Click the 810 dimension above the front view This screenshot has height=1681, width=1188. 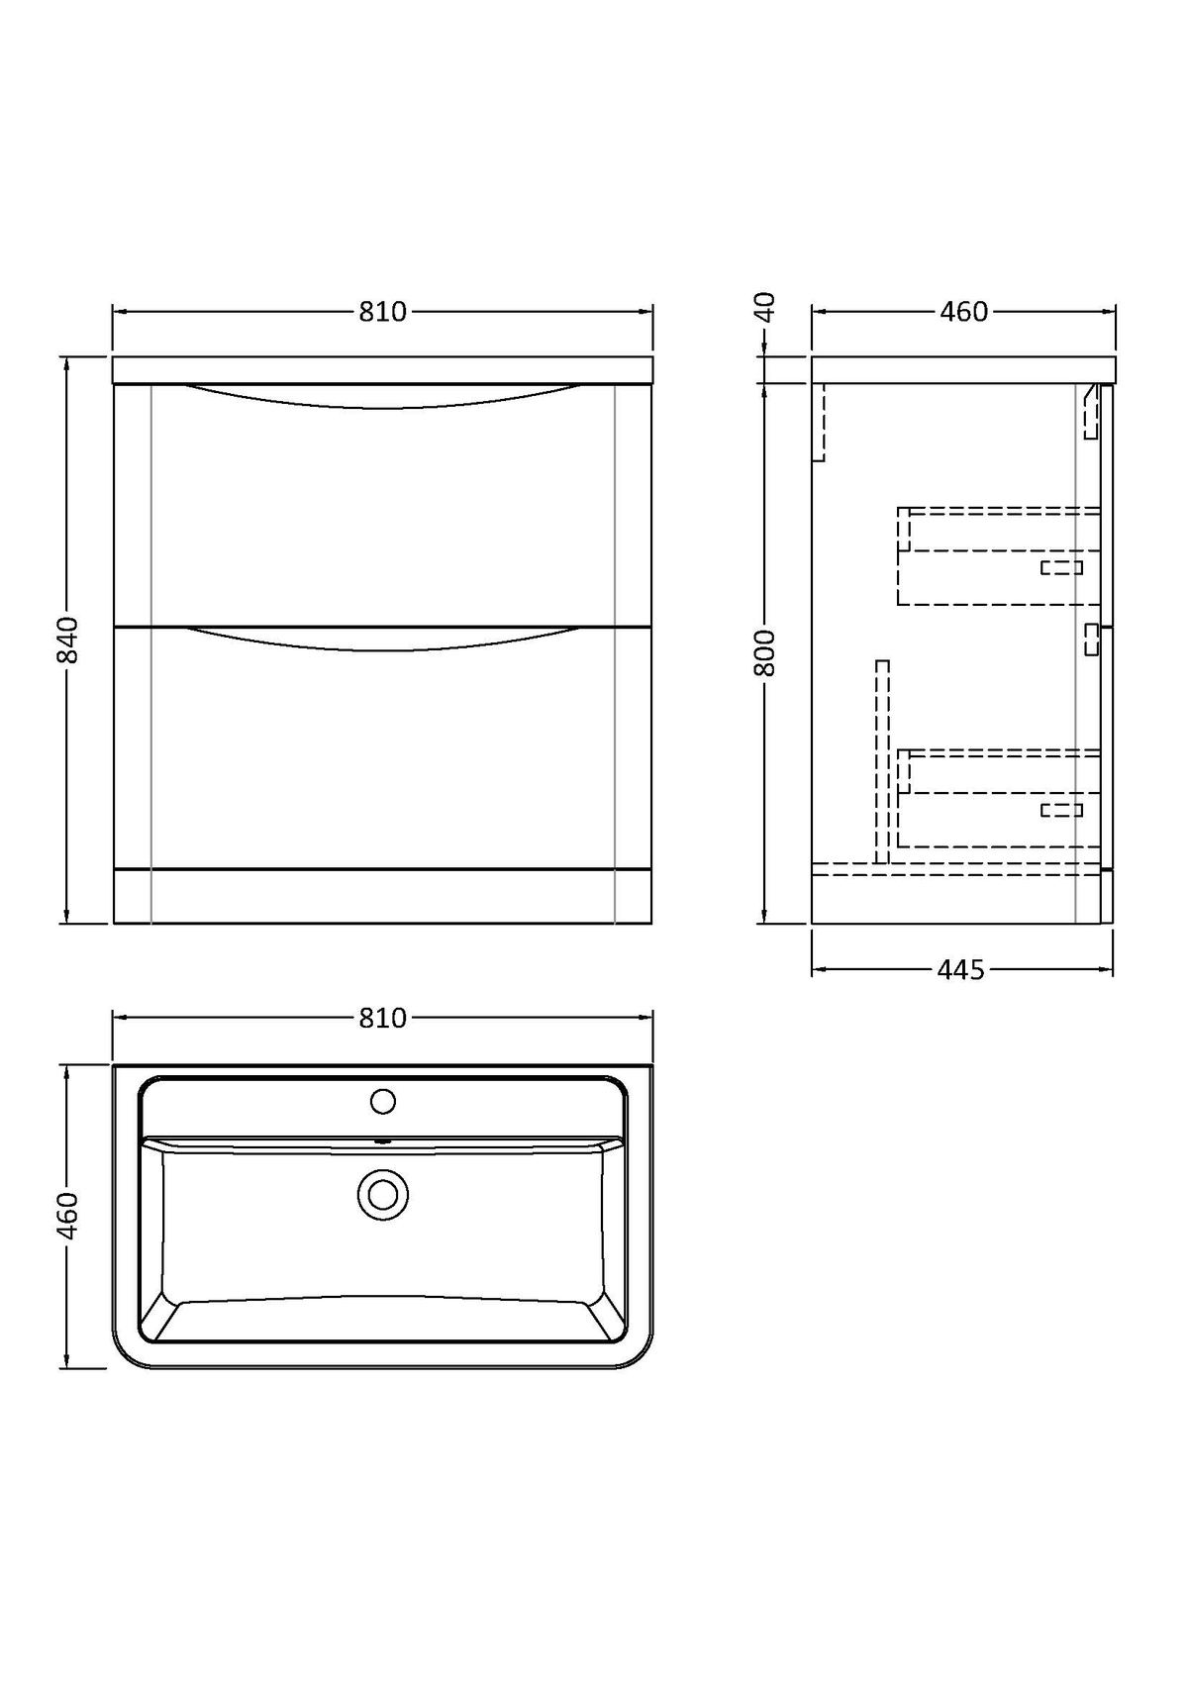pos(382,311)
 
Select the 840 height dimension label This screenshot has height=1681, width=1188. pos(67,640)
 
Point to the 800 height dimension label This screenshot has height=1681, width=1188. pos(764,652)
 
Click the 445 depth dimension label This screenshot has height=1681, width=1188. pos(960,970)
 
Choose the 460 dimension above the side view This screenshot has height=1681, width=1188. pos(963,312)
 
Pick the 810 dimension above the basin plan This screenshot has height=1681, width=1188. pos(382,1018)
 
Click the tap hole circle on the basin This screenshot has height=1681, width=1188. pos(383,1102)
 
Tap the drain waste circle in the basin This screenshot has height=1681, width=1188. pos(383,1194)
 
